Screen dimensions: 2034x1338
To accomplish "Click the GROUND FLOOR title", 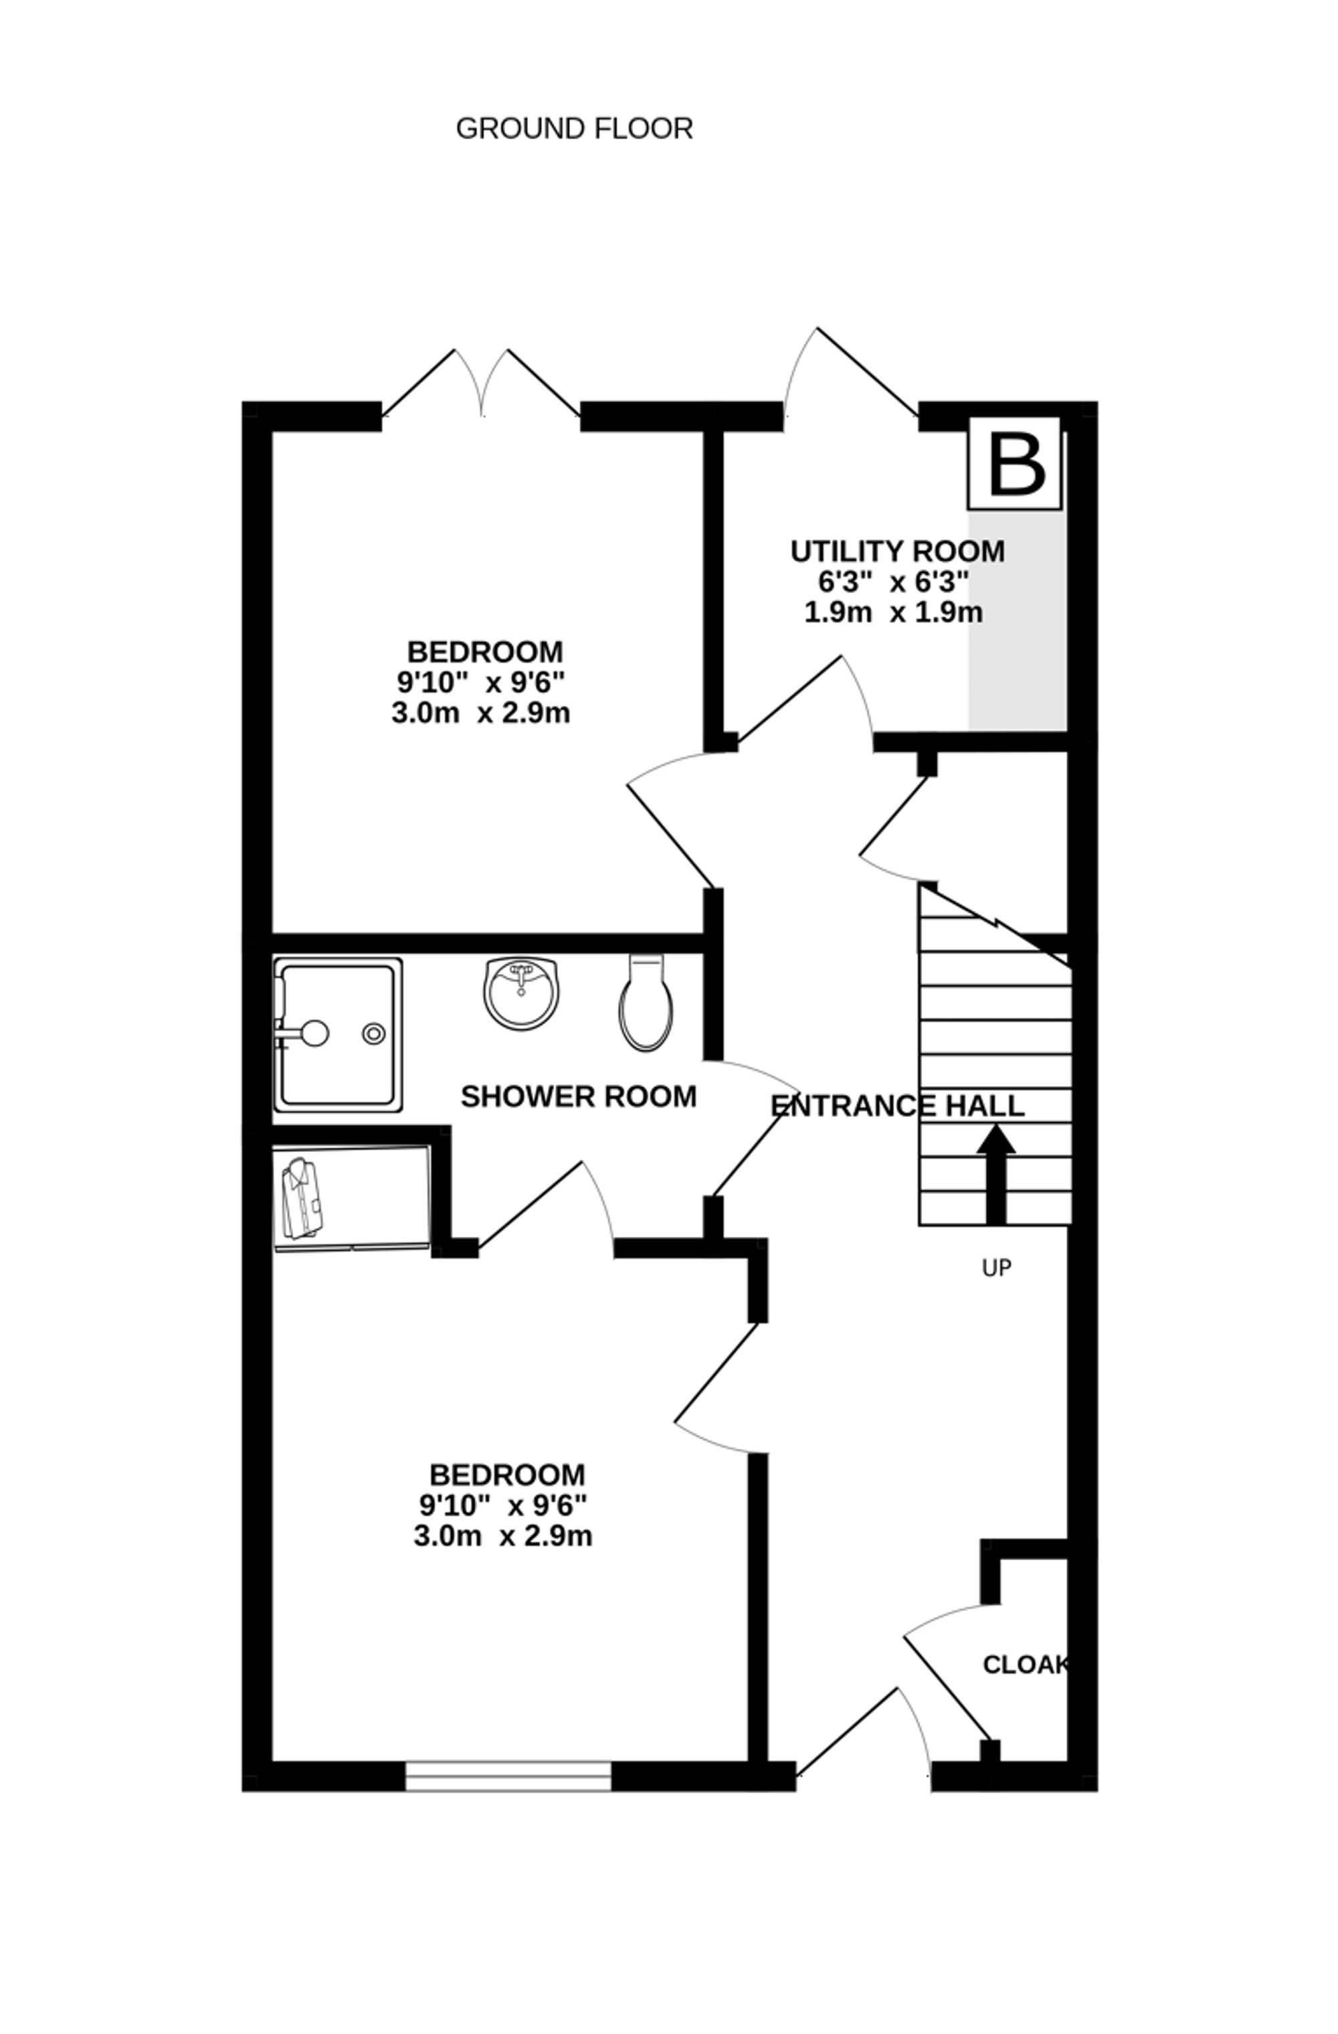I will click(573, 129).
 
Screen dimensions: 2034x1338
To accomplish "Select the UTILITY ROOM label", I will click(896, 552).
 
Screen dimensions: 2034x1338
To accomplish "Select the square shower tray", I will click(337, 1034).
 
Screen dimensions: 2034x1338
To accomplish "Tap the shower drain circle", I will click(373, 1033).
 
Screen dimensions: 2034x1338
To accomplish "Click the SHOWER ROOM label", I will click(579, 1096).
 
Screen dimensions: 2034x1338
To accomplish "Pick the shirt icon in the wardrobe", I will click(302, 1198).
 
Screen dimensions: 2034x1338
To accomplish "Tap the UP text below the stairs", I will click(996, 1268).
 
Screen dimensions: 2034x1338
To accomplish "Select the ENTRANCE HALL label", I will click(897, 1106).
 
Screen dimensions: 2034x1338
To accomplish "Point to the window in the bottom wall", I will click(508, 1775).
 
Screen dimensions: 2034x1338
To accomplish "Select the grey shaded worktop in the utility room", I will click(1017, 620).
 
